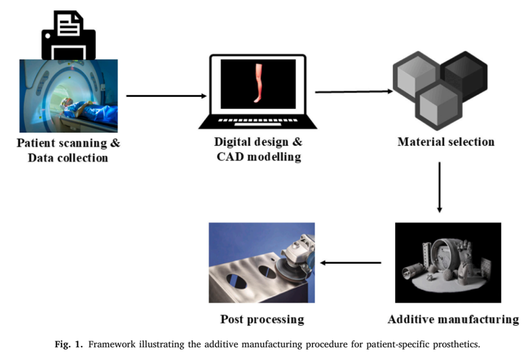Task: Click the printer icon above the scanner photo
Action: [x=68, y=35]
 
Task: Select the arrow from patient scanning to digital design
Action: [x=166, y=96]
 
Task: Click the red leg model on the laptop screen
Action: [x=258, y=83]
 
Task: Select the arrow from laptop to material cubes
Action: [x=354, y=91]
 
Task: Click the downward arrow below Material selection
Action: [x=440, y=187]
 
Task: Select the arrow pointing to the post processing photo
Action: [x=351, y=263]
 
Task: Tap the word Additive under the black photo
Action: [x=412, y=319]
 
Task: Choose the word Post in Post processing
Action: [x=232, y=319]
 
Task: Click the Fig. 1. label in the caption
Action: [x=69, y=344]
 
